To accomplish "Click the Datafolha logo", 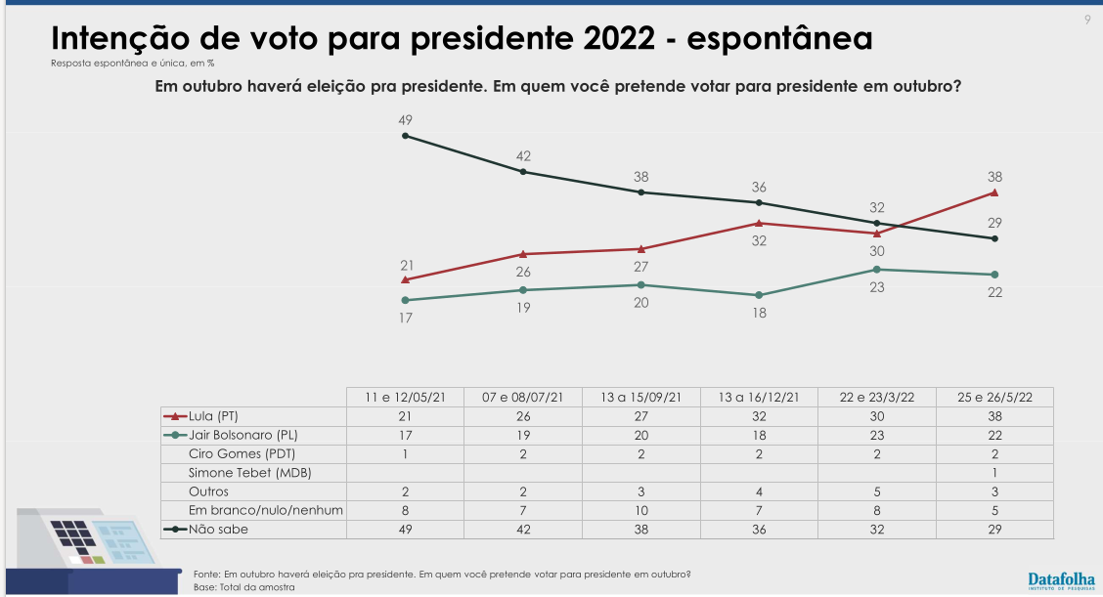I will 1062,579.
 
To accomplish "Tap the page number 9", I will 1087,20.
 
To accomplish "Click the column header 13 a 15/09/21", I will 641,397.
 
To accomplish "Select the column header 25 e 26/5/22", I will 994,397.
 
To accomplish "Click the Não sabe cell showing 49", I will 406,529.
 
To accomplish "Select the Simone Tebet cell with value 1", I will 994,472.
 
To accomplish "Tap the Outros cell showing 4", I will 759,490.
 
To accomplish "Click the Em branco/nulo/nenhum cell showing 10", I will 641,509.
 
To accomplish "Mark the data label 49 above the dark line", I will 406,120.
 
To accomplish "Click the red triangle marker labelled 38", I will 994,192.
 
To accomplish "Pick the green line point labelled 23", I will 877,270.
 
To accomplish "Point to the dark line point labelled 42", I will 523,172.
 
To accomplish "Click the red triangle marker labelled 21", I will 406,279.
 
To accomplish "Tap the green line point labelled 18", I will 759,295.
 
